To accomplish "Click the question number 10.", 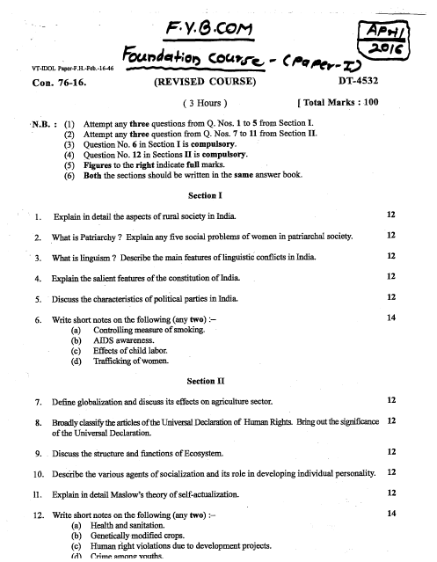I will (39, 473).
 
